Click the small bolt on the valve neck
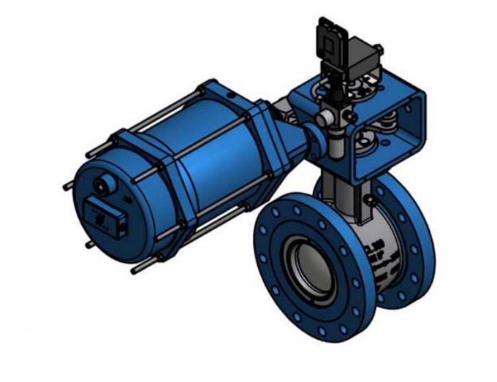coord(371,199)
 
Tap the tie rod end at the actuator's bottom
coord(135,271)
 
